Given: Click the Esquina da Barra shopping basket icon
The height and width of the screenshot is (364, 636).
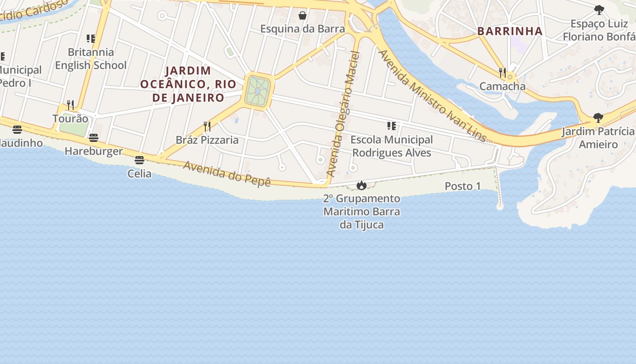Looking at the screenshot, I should [x=303, y=16].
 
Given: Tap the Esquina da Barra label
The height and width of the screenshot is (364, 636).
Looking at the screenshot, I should [x=303, y=29].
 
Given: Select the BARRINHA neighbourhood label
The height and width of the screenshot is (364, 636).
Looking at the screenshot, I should [x=510, y=31].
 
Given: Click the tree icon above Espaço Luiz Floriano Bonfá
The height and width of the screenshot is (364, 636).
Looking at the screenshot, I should [x=599, y=10].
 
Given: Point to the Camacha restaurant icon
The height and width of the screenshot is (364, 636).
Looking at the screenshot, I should [x=502, y=72].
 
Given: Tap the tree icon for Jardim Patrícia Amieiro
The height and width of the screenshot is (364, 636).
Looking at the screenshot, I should [x=598, y=118].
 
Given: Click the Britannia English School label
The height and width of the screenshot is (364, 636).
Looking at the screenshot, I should [x=91, y=59].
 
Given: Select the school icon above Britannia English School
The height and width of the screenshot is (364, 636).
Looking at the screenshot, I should [x=91, y=39].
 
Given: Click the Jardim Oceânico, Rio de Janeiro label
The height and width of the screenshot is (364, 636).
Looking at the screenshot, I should [x=188, y=84].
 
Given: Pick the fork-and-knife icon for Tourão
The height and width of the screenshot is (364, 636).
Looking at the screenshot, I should [x=70, y=105].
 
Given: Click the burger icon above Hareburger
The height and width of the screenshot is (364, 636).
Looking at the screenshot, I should [x=94, y=138].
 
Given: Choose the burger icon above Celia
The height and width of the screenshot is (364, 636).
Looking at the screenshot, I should [x=139, y=160].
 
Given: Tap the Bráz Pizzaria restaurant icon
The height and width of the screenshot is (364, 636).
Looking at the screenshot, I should [x=207, y=126].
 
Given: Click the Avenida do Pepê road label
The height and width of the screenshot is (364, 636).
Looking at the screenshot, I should [x=227, y=173].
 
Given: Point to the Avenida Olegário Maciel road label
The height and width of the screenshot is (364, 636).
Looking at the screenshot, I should [x=343, y=114].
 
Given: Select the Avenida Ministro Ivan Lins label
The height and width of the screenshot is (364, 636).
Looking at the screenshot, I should [x=432, y=96].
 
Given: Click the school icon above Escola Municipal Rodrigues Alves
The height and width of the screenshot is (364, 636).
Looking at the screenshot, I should [x=391, y=126].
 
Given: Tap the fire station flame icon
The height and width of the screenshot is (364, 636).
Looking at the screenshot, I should [x=362, y=185].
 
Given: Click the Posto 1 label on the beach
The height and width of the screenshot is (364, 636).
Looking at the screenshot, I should [x=462, y=186].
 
